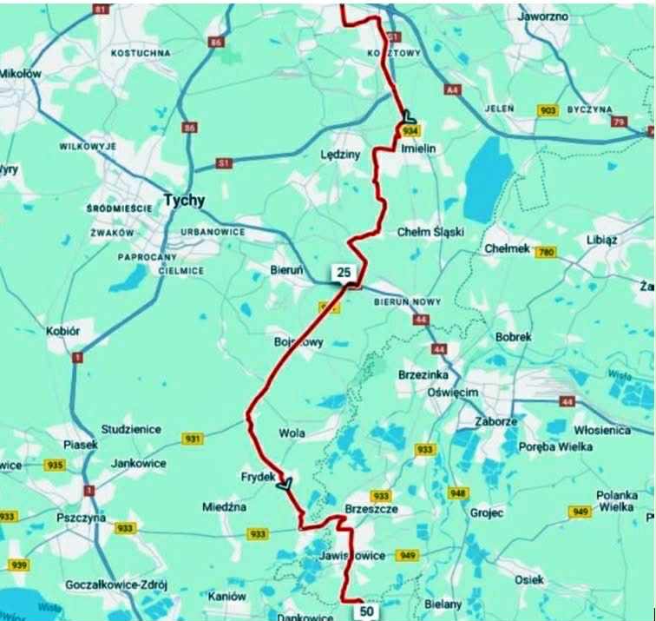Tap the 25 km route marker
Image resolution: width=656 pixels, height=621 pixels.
344,274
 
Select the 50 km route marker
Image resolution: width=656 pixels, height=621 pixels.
367,611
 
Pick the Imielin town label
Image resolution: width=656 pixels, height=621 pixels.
420,149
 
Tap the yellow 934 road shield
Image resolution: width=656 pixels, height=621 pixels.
410,130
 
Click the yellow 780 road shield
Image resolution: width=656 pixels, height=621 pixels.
545,253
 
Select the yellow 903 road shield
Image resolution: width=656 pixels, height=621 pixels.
548,111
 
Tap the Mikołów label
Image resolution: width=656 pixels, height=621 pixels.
20,75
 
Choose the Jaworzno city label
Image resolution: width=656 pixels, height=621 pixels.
542,17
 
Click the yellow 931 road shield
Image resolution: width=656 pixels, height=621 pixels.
193,439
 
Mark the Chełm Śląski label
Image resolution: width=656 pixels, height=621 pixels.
430,233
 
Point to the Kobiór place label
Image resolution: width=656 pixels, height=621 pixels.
62,332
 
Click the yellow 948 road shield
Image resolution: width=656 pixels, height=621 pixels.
458,492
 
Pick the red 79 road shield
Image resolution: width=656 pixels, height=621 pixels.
618,122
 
